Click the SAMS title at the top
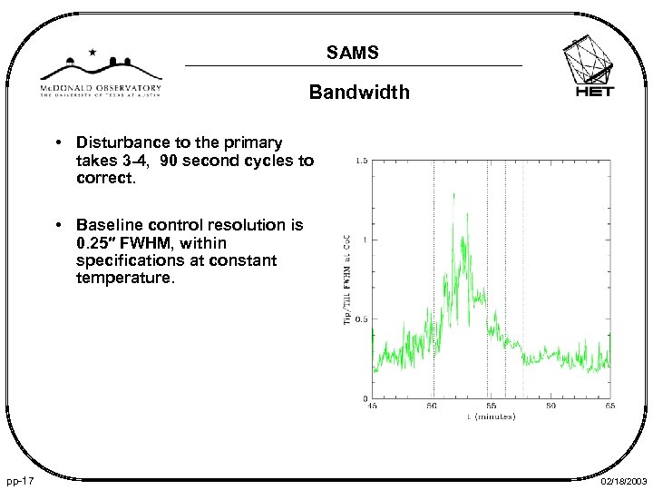pyautogui.click(x=354, y=55)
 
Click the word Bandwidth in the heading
pyautogui.click(x=358, y=93)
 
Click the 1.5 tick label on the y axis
pyautogui.click(x=362, y=162)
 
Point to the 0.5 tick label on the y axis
pyautogui.click(x=362, y=319)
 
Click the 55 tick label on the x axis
pyautogui.click(x=492, y=407)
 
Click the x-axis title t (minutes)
pyautogui.click(x=491, y=416)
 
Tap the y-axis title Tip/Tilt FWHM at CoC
pyautogui.click(x=347, y=279)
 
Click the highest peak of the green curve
pyautogui.click(x=453, y=193)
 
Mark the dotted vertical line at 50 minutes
pyautogui.click(x=433, y=272)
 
